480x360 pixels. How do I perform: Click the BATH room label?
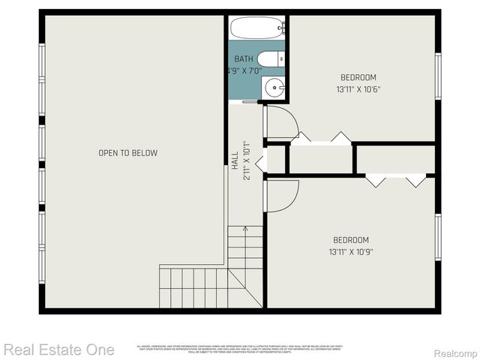click(x=244, y=58)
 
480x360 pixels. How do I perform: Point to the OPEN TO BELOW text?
click(x=128, y=153)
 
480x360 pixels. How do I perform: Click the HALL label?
click(x=235, y=159)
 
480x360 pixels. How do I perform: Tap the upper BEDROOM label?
click(x=358, y=77)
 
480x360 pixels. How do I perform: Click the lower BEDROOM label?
click(x=352, y=240)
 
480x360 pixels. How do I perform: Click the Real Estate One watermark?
click(x=58, y=349)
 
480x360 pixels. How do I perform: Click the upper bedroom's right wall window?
click(x=438, y=75)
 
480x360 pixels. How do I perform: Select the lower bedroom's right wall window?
click(x=438, y=236)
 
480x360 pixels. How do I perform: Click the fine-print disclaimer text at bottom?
click(x=239, y=349)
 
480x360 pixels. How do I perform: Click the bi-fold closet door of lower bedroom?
click(x=396, y=181)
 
